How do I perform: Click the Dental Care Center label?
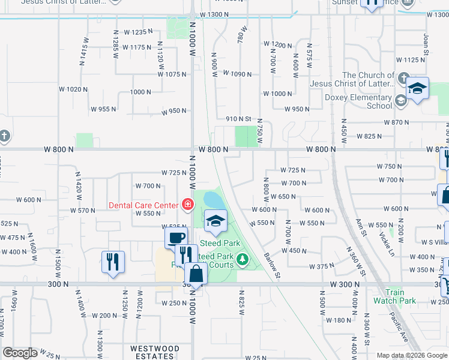143,205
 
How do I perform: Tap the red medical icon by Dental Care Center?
187,205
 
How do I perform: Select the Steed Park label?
220,243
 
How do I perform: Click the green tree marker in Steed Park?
243,259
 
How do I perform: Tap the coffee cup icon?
176,237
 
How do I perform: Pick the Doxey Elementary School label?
350,101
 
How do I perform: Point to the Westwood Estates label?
155,352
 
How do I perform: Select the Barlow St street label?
272,265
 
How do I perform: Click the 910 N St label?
238,119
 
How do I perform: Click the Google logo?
20,353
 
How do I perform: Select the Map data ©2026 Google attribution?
411,355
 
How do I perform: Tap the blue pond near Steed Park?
214,200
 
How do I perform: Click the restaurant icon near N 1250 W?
113,262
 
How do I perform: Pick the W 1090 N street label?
237,74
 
